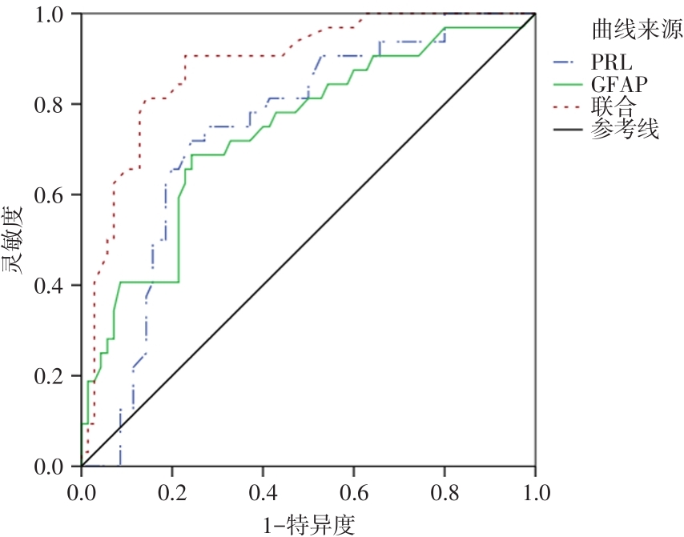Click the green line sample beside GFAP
click(568, 84)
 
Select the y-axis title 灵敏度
click(18, 240)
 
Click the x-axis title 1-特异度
click(308, 523)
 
